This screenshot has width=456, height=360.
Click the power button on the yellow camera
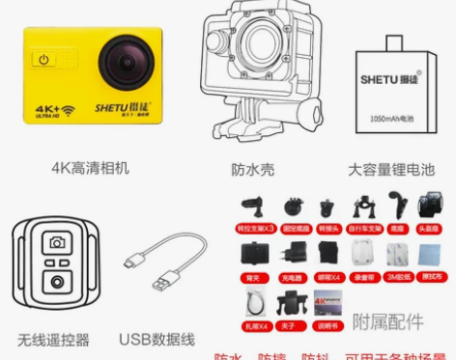tap(43, 60)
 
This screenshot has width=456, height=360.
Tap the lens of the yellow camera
tap(125, 61)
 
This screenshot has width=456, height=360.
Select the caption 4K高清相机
tap(89, 168)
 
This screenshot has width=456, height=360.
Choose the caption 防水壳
tap(252, 170)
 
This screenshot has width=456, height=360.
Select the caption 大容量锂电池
tap(388, 170)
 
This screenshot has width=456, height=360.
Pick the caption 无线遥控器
tap(53, 339)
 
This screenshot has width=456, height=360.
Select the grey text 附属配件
tap(387, 320)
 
